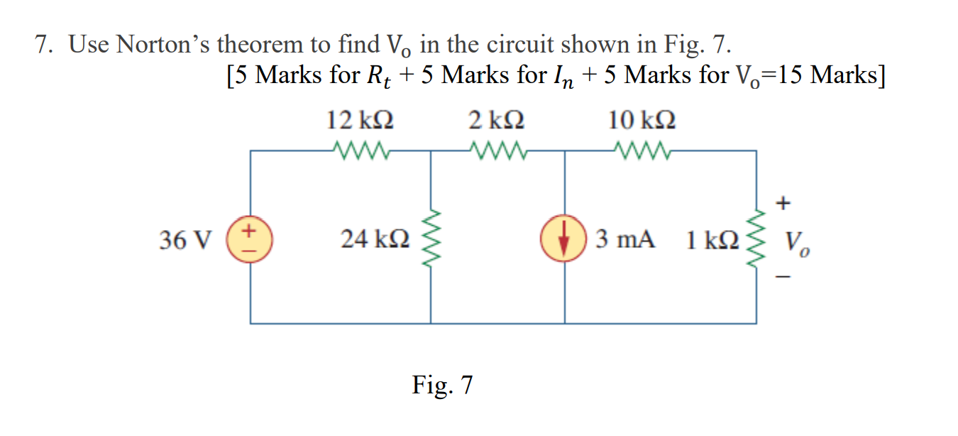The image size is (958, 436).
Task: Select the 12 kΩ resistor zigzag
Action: coord(359,151)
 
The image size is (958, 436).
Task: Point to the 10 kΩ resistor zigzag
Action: coord(642,151)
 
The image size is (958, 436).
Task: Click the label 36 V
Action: coord(186,241)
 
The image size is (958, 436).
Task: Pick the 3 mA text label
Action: coord(624,240)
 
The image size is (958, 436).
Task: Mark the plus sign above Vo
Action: coord(783,204)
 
